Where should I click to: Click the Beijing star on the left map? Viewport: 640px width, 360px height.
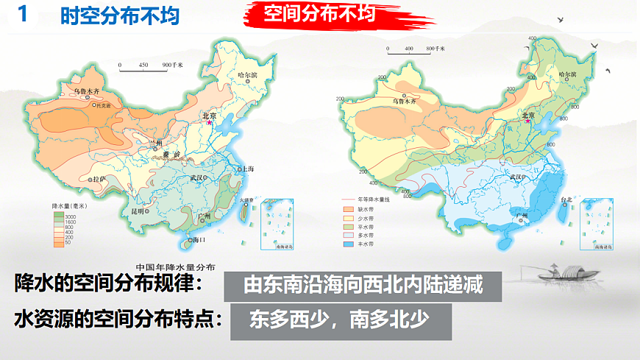[x=210, y=122]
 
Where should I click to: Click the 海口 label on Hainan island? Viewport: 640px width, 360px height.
[x=197, y=240]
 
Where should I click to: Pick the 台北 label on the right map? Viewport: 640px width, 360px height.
[x=566, y=200]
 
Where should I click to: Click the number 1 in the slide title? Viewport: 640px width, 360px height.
[x=21, y=15]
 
